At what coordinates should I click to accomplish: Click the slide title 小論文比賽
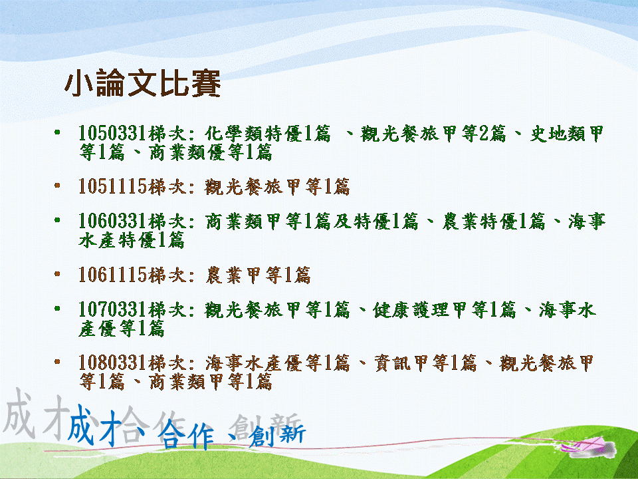point(142,84)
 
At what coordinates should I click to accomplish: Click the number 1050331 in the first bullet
point(112,133)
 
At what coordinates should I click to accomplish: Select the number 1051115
point(112,186)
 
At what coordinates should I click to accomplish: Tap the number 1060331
point(112,222)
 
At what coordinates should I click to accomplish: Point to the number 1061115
point(112,275)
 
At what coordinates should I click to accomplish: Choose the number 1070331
point(112,309)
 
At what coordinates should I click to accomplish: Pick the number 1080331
point(112,363)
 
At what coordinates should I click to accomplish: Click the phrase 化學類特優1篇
point(267,133)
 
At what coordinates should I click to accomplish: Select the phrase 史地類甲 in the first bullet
point(566,134)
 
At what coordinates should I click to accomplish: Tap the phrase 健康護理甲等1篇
point(445,309)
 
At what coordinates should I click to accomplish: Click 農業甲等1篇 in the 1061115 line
point(258,275)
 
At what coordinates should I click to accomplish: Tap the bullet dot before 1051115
point(57,186)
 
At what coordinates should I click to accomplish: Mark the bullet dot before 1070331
point(57,308)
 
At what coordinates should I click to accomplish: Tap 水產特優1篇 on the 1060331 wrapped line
point(132,240)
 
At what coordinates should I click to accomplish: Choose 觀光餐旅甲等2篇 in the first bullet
point(433,133)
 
